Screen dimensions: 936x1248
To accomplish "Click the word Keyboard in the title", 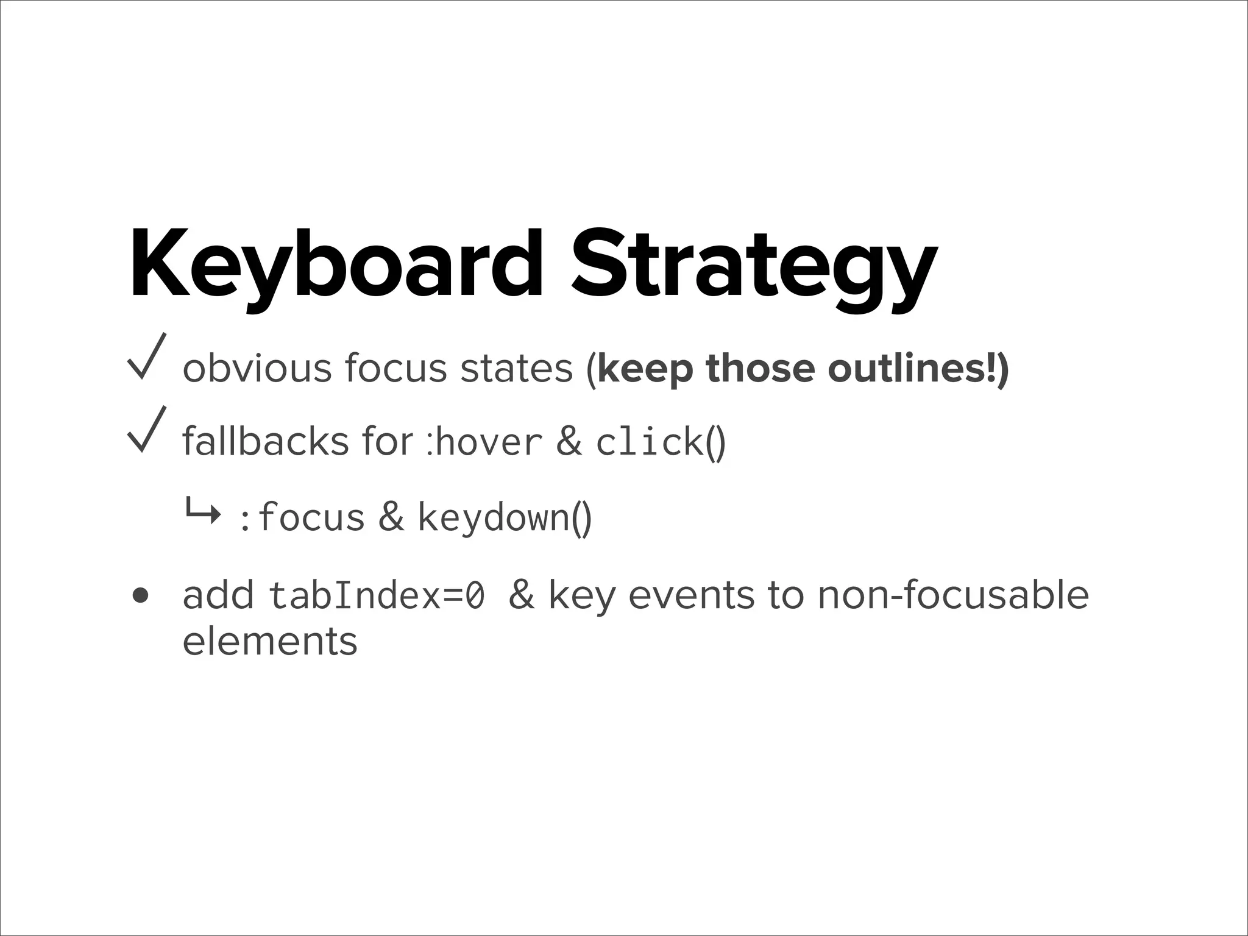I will (x=335, y=265).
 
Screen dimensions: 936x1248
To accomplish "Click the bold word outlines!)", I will (x=918, y=369).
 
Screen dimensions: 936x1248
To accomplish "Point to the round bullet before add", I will (x=141, y=595).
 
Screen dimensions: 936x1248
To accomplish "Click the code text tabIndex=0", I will (x=377, y=595).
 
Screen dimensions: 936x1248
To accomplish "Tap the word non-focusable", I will (x=952, y=595).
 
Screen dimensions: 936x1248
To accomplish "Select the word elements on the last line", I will (x=270, y=642).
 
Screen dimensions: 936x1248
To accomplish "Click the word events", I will (x=691, y=595).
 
